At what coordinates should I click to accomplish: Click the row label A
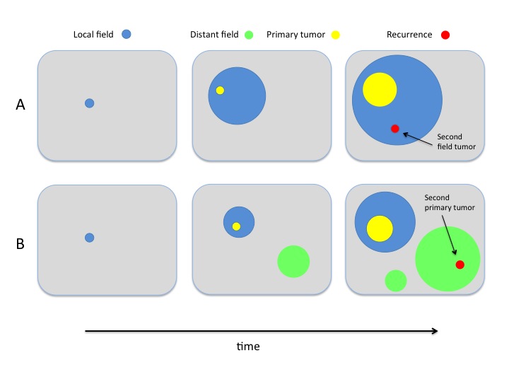[21, 105]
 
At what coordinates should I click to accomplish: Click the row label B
[21, 246]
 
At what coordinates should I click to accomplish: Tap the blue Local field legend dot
[126, 34]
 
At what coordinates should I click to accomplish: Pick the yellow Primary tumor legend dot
[335, 34]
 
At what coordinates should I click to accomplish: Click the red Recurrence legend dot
[445, 34]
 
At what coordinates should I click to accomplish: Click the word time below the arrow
[247, 347]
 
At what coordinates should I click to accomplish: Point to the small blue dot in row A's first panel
[89, 103]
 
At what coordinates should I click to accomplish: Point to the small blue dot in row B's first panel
[89, 238]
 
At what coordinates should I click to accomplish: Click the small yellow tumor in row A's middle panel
[220, 90]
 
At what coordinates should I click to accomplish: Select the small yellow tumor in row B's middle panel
[236, 226]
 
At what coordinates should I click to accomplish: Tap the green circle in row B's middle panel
[293, 261]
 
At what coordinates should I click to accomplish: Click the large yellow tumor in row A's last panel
[379, 90]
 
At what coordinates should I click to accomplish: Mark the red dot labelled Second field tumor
[395, 128]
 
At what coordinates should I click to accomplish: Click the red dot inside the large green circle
[460, 264]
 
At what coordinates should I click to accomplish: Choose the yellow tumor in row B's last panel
[380, 229]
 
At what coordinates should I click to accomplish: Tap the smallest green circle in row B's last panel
[395, 281]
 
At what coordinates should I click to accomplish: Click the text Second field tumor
[456, 141]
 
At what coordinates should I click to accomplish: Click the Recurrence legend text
[409, 34]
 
